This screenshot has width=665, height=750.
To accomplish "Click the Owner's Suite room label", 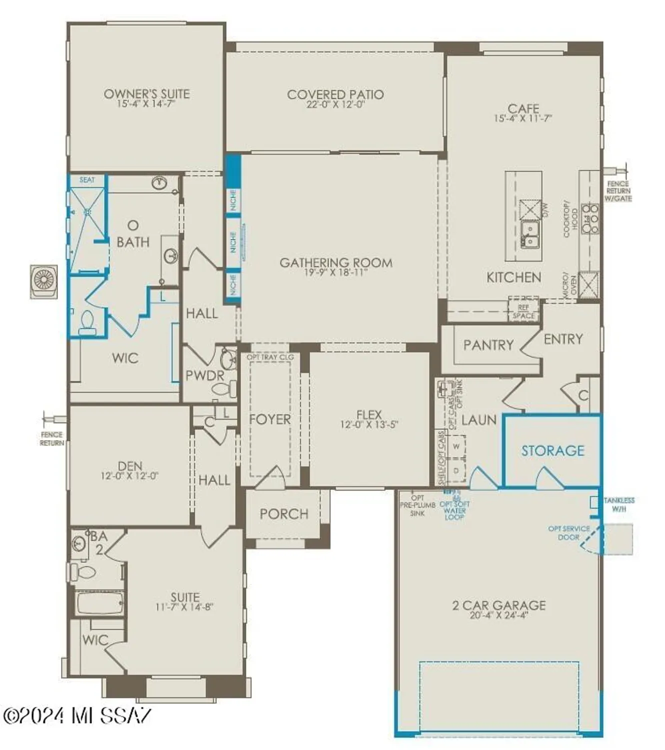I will [x=146, y=94].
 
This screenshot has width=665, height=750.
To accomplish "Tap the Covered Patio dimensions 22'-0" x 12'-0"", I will [x=335, y=105].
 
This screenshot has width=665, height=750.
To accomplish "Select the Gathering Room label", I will [x=336, y=262].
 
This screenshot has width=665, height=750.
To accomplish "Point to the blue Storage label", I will [x=553, y=451].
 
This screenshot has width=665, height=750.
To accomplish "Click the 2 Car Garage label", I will [x=499, y=605].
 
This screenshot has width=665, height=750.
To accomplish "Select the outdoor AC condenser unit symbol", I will [x=43, y=281].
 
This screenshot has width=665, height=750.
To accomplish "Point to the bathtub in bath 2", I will [x=99, y=603].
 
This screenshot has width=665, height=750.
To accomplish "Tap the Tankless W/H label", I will [x=619, y=504].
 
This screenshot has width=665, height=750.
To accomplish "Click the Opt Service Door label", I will [x=569, y=533].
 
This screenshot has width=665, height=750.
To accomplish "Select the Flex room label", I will [x=369, y=414].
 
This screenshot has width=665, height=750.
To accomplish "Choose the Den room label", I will [x=130, y=466].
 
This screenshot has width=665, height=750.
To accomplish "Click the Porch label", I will [x=284, y=514].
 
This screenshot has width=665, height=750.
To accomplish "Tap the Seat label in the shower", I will [x=87, y=179].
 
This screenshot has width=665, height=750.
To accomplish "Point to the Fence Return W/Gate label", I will [x=618, y=191].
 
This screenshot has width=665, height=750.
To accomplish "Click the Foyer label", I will [x=270, y=419].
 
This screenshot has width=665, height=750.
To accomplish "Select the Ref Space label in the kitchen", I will [x=523, y=311].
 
